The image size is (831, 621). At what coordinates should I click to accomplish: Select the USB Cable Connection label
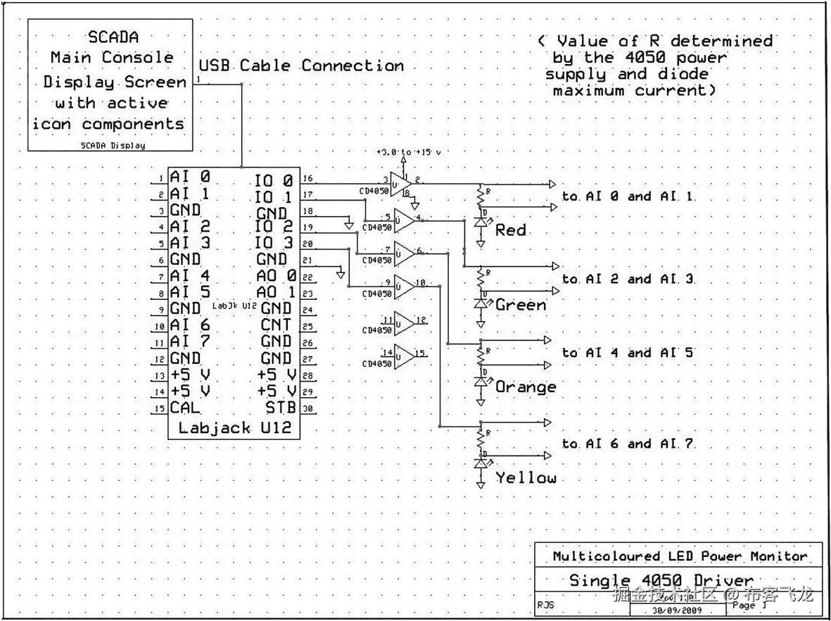coord(301,66)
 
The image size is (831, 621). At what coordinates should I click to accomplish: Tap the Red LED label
coord(511,230)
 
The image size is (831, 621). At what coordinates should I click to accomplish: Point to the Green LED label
coord(521,305)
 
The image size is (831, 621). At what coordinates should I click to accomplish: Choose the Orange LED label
coord(526,387)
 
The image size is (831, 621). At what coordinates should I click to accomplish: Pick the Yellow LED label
coord(526,478)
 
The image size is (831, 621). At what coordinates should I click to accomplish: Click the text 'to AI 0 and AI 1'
coord(628,196)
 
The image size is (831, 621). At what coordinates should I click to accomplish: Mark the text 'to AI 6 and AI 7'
coord(628,444)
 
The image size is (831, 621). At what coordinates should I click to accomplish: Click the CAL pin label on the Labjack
coord(185,408)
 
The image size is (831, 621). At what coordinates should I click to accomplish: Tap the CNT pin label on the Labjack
coord(276,325)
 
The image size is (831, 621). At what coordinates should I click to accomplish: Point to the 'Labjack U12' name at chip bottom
coord(234,428)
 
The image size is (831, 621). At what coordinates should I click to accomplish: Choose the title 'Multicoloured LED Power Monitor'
coord(680,556)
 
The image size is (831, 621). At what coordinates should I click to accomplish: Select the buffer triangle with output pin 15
coord(405,357)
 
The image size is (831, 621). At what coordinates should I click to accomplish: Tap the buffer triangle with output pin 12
coord(405,323)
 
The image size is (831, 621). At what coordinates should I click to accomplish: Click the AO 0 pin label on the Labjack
coord(276,275)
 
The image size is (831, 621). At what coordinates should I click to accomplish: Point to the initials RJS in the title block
coord(546,604)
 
